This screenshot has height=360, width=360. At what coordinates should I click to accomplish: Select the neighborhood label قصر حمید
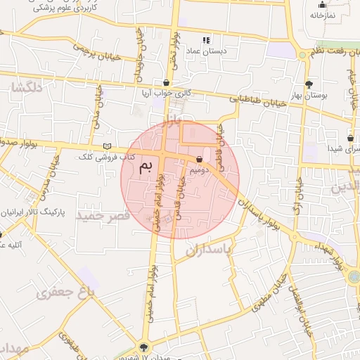coord(101,214)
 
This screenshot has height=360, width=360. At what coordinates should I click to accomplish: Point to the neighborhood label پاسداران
coord(209,249)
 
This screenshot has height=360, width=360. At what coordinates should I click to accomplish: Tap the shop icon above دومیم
coord(201,159)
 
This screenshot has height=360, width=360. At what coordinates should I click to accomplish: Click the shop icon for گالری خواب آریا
coord(166,82)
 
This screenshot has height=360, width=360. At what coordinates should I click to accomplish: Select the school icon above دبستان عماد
coord(206,40)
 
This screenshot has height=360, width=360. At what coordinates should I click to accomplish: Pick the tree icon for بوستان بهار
coord(309,84)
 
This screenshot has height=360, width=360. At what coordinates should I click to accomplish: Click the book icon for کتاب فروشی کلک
coord(107,146)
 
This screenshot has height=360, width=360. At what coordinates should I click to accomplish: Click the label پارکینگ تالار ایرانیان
coord(34,210)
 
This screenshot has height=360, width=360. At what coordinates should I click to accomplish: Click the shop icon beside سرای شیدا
coord(350,138)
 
